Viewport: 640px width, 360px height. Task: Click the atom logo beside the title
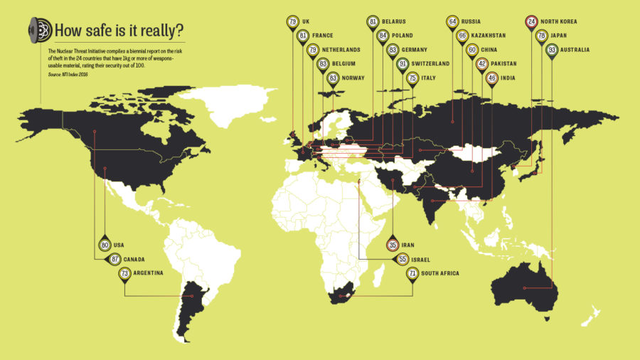coord(39,29)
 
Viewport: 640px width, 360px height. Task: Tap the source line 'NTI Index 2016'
coord(68,74)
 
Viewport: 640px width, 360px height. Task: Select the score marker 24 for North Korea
coord(530,21)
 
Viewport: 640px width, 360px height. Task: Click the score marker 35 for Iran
coord(393,244)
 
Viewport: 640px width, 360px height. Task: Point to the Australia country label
coord(575,50)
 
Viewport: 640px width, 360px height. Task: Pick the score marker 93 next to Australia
coord(552,50)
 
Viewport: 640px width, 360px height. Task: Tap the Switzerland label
coord(430,64)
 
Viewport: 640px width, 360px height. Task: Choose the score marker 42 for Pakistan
coord(481,64)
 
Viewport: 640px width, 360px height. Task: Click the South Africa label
coord(440,273)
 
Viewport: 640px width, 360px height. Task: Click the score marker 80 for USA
coord(105,245)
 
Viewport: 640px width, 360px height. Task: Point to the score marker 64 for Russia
coord(452,21)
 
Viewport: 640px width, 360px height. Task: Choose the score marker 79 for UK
coord(293,21)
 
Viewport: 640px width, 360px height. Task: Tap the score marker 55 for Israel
coord(402,259)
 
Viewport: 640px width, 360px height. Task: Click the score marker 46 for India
coord(491,78)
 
